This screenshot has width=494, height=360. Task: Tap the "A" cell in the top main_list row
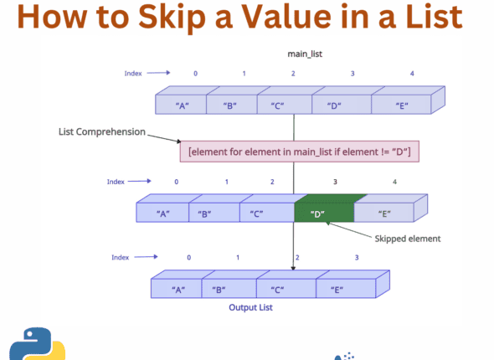[180, 105]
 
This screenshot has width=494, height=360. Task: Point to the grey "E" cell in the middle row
[386, 213]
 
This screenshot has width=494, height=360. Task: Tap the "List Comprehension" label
[101, 132]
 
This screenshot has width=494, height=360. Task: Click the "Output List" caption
[251, 307]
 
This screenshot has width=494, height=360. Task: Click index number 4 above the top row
[412, 74]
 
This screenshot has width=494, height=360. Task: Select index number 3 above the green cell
[335, 181]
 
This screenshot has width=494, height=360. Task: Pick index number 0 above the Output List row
[188, 257]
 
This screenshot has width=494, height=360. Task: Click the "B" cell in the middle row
[204, 213]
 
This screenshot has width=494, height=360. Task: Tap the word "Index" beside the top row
[134, 74]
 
